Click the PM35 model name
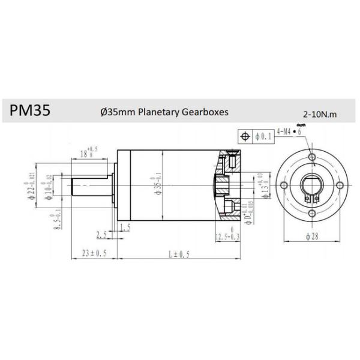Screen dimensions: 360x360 (29, 111)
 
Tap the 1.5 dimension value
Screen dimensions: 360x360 (125, 227)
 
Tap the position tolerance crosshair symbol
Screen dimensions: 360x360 (244, 136)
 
